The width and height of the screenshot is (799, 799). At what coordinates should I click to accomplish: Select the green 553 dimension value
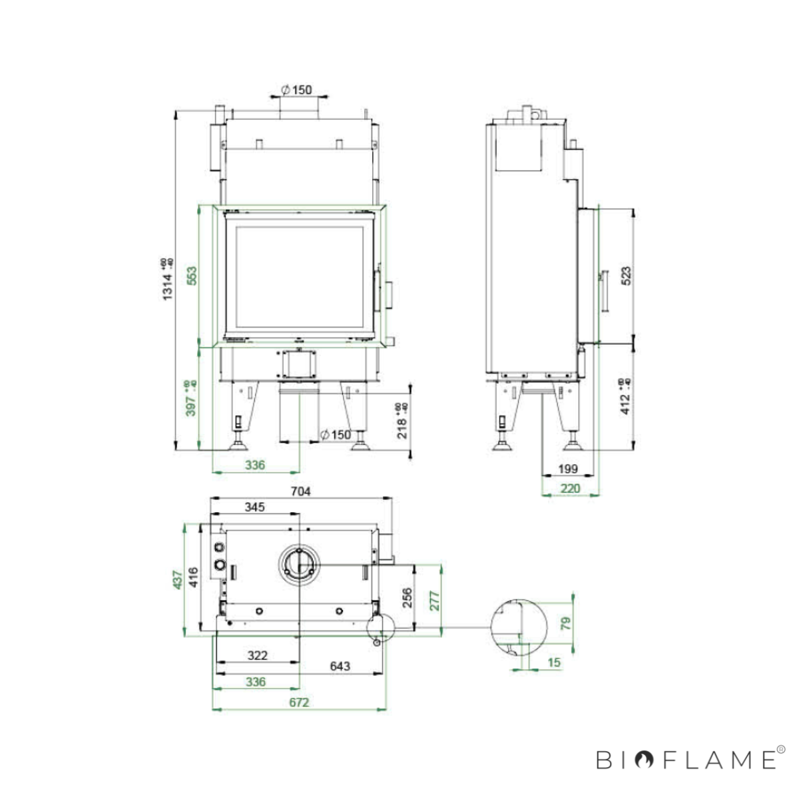pos(192,276)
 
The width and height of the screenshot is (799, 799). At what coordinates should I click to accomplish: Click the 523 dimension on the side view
pos(625,276)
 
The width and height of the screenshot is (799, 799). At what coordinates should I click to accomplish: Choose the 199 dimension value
pos(567,469)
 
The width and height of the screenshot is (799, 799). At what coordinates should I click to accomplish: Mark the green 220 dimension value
pos(570,488)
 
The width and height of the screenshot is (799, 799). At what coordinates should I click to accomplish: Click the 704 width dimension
pos(301,491)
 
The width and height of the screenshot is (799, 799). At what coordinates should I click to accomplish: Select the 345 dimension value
pos(254,507)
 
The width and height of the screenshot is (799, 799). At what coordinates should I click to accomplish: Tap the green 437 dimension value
pos(177,579)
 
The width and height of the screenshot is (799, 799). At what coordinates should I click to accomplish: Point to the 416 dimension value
pos(192,577)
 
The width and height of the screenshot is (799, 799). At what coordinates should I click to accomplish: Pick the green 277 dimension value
pos(434,601)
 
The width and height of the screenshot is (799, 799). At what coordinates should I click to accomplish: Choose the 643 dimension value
pos(340,665)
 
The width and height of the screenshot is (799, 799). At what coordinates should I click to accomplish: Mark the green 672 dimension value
pos(299,702)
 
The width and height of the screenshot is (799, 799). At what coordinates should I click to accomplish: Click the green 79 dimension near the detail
pos(566,623)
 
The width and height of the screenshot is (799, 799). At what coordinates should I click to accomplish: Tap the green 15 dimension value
pos(554,663)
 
